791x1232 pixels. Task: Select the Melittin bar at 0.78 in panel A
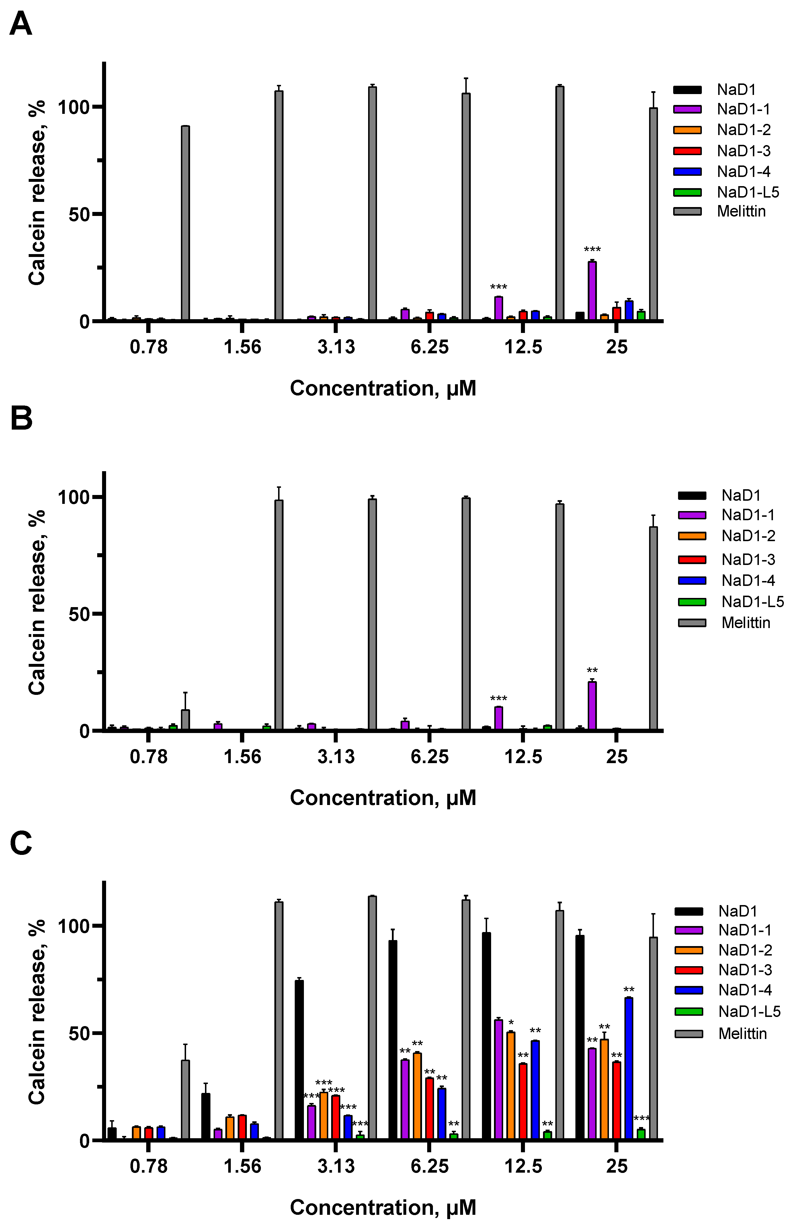[x=185, y=223]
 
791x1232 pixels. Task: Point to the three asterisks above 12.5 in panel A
[x=498, y=287]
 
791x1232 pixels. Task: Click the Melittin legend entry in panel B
[x=746, y=623]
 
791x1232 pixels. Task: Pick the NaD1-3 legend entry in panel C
[x=745, y=970]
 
